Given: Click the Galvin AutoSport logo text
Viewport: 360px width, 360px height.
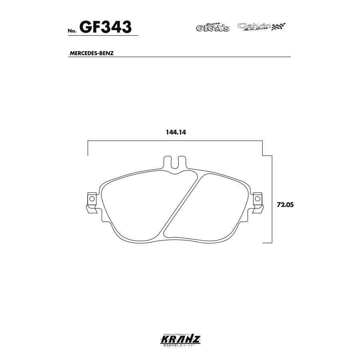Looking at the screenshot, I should (x=254, y=27).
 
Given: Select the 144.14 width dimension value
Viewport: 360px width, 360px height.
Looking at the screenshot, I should (x=174, y=133).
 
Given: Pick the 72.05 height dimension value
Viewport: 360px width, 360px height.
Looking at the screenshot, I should (x=285, y=204).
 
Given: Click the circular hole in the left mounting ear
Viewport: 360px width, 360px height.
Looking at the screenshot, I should (x=91, y=198).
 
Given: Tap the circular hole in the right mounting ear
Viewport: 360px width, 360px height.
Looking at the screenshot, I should (x=258, y=198).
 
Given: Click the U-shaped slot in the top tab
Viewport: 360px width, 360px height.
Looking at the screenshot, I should (x=175, y=163).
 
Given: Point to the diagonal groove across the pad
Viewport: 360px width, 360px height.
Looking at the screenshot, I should (x=180, y=206).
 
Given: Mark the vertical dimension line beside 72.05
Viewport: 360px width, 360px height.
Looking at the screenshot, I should (x=272, y=200).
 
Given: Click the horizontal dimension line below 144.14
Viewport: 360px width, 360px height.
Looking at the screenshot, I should (x=175, y=141).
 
